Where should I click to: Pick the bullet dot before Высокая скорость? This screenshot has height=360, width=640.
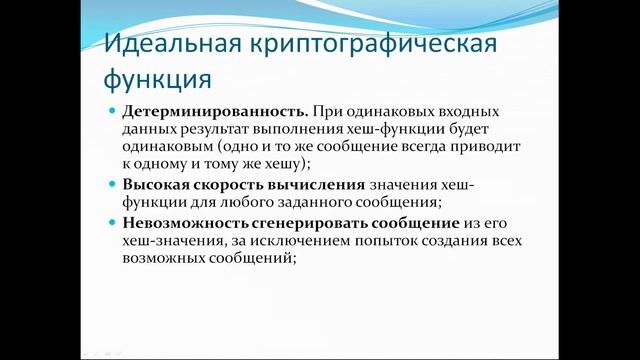pyautogui.click(x=113, y=184)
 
